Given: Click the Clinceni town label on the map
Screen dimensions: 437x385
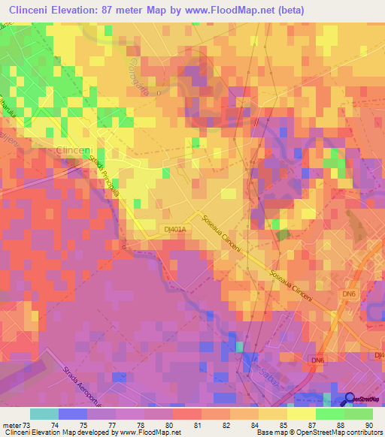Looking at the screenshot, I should [x=73, y=151].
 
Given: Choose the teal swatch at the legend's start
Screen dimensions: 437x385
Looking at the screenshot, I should [x=44, y=414].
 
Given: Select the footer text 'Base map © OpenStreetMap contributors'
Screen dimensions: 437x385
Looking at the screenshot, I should [x=317, y=432].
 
